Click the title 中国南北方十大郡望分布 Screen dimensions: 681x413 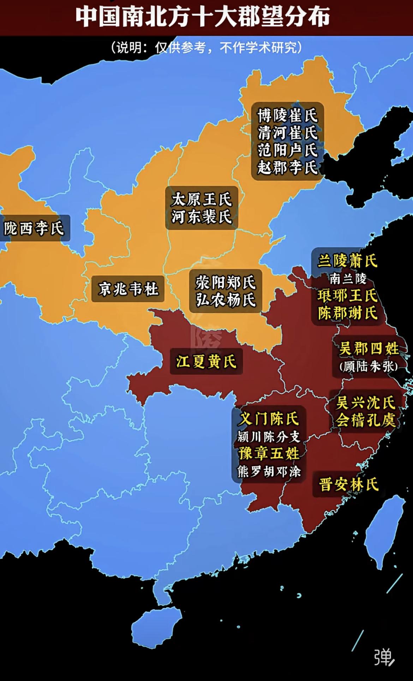pyautogui.click(x=203, y=17)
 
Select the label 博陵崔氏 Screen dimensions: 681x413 pyautogui.click(x=287, y=115)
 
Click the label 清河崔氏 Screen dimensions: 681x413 pyautogui.click(x=287, y=133)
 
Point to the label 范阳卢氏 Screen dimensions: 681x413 pyautogui.click(x=287, y=150)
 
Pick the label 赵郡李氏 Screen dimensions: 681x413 pyautogui.click(x=287, y=167)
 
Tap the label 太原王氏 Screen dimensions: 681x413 pyautogui.click(x=202, y=200)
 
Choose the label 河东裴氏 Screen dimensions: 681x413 pyautogui.click(x=202, y=216)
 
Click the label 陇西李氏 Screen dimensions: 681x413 pyautogui.click(x=34, y=228)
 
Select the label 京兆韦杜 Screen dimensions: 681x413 pyautogui.click(x=128, y=289)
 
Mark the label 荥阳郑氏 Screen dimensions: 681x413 pyautogui.click(x=226, y=282)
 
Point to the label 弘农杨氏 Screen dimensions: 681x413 pyautogui.click(x=226, y=300)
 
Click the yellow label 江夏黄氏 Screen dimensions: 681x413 pyautogui.click(x=206, y=362)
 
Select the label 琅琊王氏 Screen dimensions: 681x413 pyautogui.click(x=347, y=295)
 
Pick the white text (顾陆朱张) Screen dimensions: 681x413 pyautogui.click(x=369, y=366)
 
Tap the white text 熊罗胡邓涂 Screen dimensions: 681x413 pyautogui.click(x=269, y=471)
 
